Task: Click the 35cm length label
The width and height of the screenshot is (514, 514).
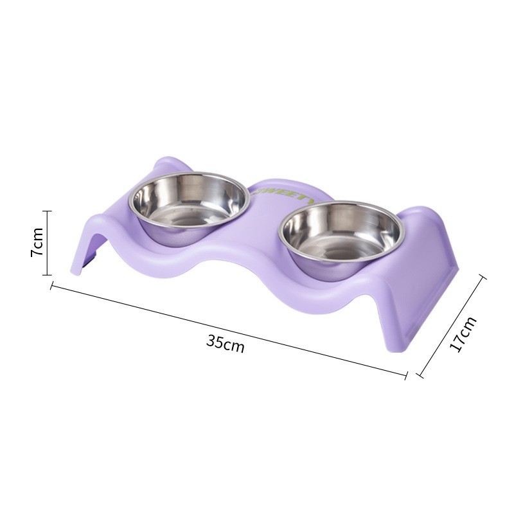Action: (x=225, y=342)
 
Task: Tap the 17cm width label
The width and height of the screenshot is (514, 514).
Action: (x=463, y=334)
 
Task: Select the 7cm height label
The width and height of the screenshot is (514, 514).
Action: (x=37, y=242)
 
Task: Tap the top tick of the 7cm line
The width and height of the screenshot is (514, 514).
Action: (x=47, y=211)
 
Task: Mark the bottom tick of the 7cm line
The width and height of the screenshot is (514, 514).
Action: (x=47, y=275)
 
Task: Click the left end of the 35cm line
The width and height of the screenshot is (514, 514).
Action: (x=51, y=287)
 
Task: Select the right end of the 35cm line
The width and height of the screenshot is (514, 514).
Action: (x=406, y=375)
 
